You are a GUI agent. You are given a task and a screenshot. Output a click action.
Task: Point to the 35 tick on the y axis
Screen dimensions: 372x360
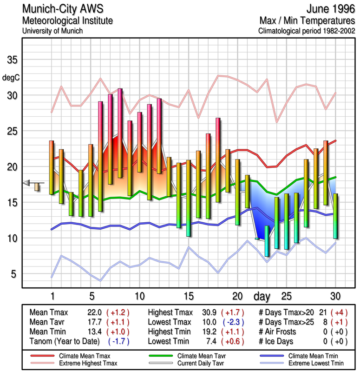pyautogui.click(x=12, y=60)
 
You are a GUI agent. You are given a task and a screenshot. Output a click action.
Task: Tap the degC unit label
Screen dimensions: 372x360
pyautogui.click(x=12, y=78)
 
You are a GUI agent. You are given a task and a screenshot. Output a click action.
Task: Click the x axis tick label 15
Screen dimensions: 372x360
pyautogui.click(x=188, y=296)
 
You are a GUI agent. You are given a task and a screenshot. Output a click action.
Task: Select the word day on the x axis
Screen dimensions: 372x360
pyautogui.click(x=263, y=296)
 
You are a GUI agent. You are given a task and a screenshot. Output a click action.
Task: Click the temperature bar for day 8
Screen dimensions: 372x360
pyautogui.click(x=120, y=133)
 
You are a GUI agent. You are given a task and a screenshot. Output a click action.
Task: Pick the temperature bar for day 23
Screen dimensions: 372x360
pyautogui.click(x=267, y=241)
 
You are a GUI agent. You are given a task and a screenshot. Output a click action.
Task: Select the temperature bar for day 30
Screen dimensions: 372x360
pyautogui.click(x=335, y=216)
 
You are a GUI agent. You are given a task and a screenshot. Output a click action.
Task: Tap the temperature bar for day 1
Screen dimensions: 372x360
pyautogui.click(x=52, y=167)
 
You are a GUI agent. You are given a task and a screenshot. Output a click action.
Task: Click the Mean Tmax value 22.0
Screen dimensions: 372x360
pyautogui.click(x=92, y=312)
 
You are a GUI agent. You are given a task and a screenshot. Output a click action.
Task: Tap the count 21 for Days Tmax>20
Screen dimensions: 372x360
pyautogui.click(x=322, y=312)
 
